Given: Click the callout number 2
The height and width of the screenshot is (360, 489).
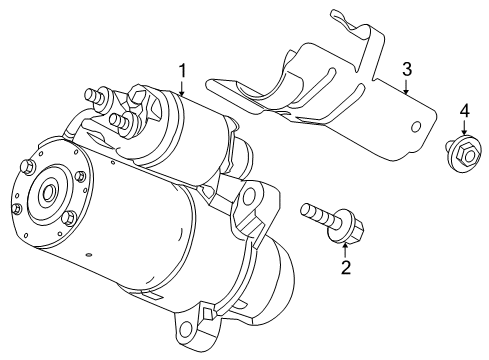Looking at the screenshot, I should point(345,268).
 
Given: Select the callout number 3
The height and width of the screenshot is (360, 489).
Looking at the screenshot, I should point(407,68).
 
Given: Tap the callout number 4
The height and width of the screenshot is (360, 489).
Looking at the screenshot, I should point(463,110).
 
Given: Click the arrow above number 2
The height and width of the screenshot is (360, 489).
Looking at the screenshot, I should point(345,247).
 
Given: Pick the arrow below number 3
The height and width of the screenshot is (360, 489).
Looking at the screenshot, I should point(407,86).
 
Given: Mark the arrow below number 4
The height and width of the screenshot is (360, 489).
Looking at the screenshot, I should point(463,130).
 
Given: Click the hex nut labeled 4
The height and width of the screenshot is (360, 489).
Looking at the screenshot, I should point(463,153).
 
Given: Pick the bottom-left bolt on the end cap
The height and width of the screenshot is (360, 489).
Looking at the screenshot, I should point(17,208).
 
